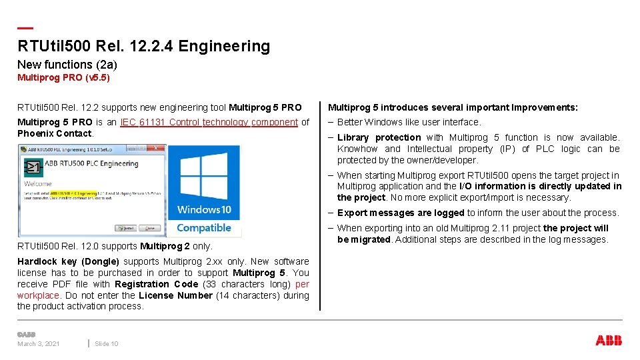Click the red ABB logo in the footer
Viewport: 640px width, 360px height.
(x=609, y=341)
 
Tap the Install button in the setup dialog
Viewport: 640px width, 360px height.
(x=127, y=228)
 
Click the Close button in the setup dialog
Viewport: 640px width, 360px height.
(x=149, y=228)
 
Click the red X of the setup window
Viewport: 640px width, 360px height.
(x=158, y=148)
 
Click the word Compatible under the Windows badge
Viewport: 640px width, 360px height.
(x=204, y=228)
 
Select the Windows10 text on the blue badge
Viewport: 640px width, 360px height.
(x=204, y=210)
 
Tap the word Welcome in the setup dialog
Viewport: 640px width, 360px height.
(x=37, y=183)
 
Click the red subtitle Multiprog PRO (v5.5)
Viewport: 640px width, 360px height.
(x=63, y=78)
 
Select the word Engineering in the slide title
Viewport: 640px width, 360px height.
(x=224, y=46)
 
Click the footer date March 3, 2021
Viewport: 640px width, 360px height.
(x=39, y=343)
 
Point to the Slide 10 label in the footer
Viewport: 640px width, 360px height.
(x=107, y=343)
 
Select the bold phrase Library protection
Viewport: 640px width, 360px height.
(x=379, y=137)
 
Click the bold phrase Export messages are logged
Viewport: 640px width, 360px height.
(x=401, y=213)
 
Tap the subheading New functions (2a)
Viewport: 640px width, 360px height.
(x=67, y=65)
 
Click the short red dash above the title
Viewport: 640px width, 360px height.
(x=25, y=28)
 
